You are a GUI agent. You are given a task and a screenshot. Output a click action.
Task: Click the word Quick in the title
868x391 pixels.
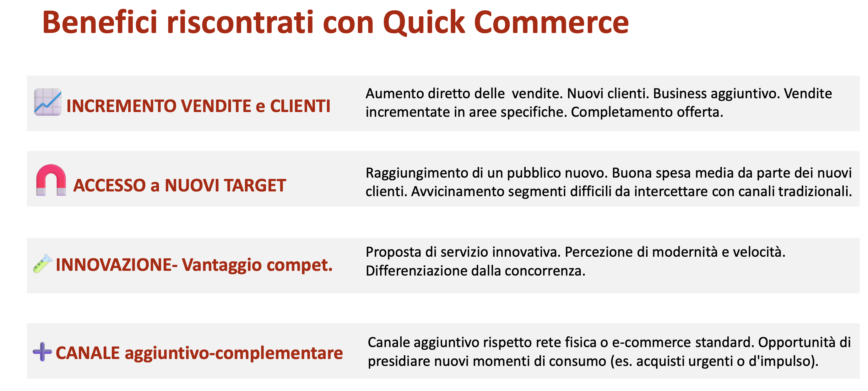[x=424, y=23]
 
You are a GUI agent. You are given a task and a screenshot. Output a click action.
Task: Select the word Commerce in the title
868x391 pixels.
[x=551, y=22]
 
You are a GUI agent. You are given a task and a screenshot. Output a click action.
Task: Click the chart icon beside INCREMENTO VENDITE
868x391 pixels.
[x=48, y=102]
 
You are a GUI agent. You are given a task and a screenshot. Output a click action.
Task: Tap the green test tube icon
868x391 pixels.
[x=42, y=263]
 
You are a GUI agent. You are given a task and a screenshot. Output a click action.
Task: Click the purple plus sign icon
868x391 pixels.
[x=42, y=351]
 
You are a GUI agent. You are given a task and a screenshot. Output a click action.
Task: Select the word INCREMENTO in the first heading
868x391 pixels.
[x=122, y=106]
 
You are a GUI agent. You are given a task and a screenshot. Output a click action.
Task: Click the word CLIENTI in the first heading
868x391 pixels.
[x=300, y=106]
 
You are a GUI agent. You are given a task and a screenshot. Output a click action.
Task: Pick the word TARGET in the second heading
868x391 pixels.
[x=255, y=185]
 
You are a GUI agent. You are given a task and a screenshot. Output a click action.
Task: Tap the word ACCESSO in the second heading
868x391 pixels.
[x=110, y=185]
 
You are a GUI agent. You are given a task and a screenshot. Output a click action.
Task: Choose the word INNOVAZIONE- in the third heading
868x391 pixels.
[x=117, y=265]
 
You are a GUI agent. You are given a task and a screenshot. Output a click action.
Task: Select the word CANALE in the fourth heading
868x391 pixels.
[x=88, y=353]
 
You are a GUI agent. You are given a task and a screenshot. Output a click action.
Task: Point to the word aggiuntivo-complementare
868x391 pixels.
[x=234, y=354]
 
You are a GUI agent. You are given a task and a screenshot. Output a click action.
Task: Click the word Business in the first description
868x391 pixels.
[x=680, y=94]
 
